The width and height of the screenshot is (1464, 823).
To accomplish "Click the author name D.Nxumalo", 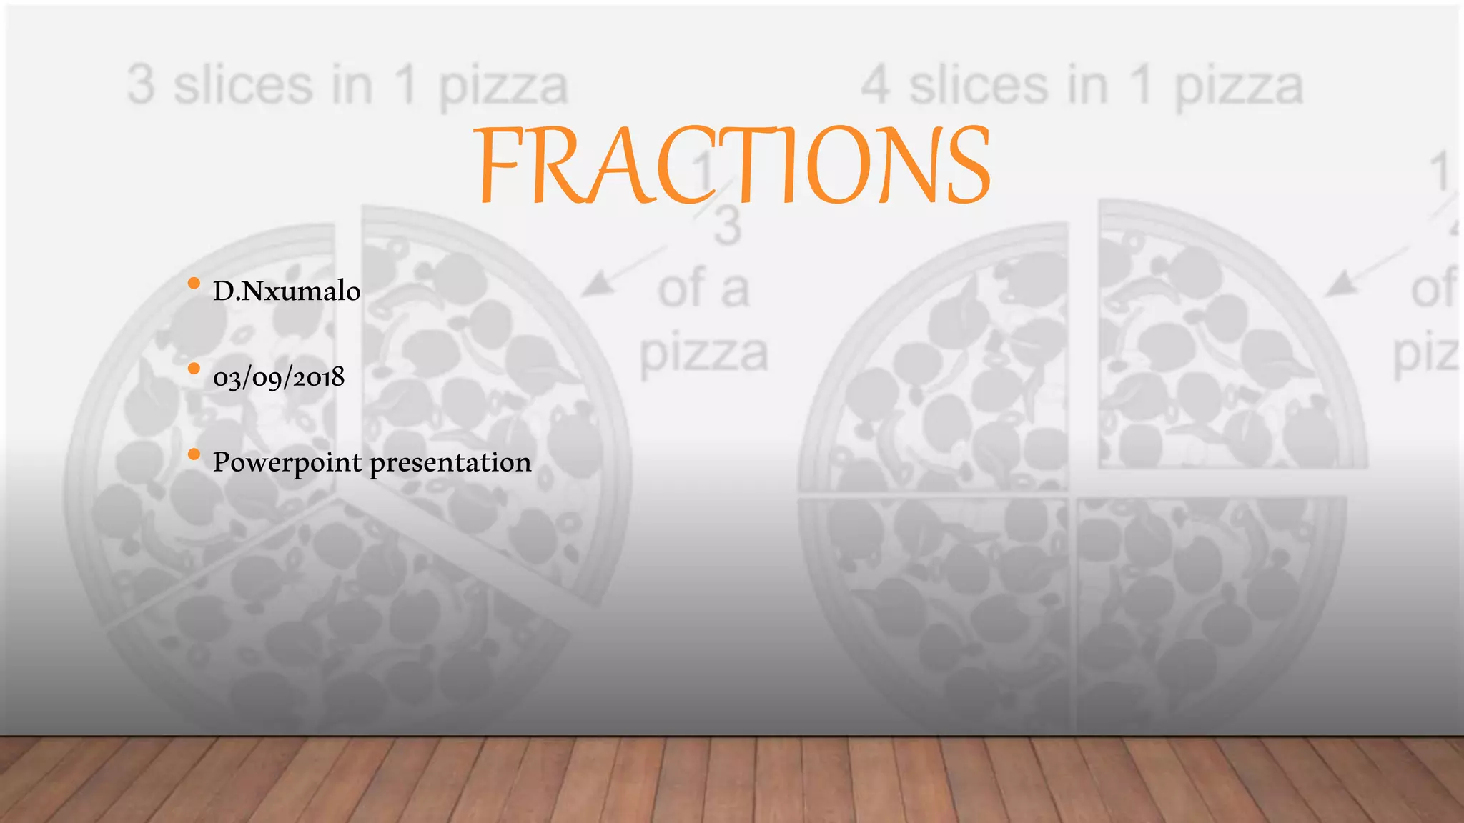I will pos(287,291).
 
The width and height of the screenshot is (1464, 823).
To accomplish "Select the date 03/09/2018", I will pos(279,376).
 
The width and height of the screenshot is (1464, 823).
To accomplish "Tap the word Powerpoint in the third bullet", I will pos(287,463).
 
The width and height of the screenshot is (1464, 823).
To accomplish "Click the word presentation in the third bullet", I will pos(450,463).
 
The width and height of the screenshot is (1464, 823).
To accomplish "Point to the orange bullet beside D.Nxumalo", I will pos(194,284).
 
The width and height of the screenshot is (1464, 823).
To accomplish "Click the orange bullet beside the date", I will pos(194,369).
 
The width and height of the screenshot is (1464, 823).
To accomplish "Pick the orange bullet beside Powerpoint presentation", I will pos(194,454).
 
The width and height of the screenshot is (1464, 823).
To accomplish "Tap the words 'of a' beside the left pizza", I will pos(703,289).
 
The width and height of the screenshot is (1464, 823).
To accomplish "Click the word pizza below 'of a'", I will pos(703,354).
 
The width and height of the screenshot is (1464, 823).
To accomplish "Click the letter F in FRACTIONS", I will pos(500,166).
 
